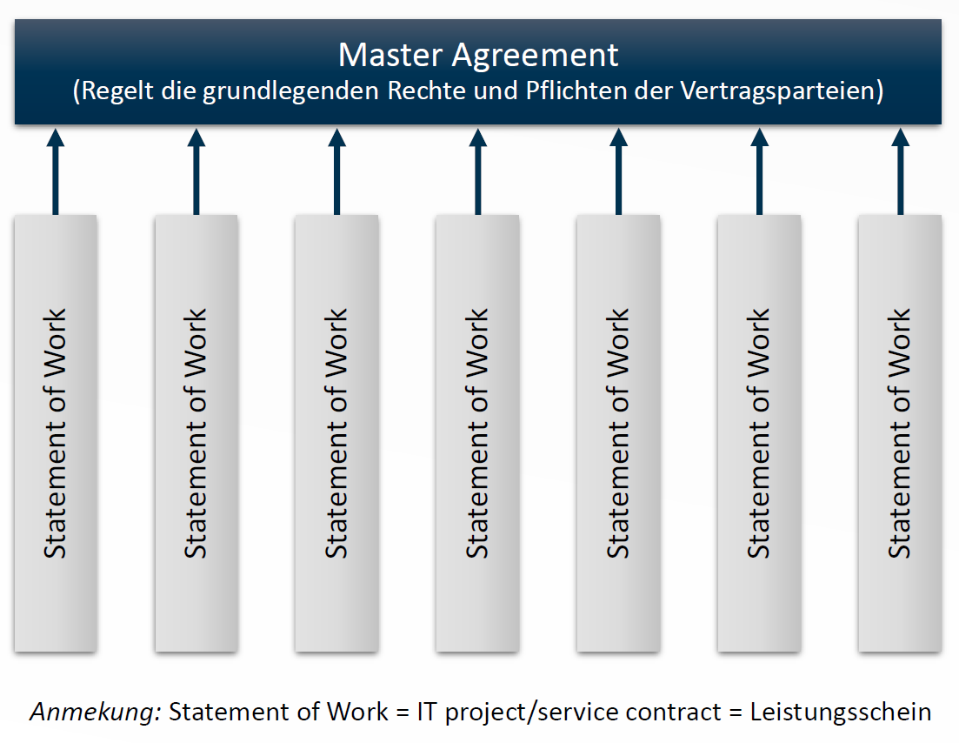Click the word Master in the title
coord(390,55)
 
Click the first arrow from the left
coord(56,171)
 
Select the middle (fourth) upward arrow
coord(477,171)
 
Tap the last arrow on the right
coord(900,171)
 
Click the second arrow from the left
coord(196,171)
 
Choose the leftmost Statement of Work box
coord(56,433)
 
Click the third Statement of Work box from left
coord(336,433)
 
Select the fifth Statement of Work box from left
coord(618,433)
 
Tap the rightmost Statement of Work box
coord(900,433)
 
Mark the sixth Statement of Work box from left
coord(759,433)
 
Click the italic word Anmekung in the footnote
coord(96,712)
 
